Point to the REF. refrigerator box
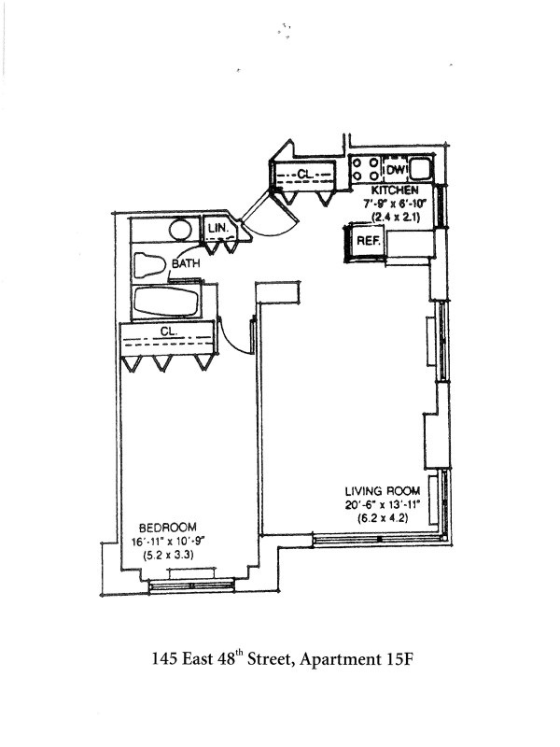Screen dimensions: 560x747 (x=367, y=240)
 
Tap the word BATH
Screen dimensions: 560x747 (x=186, y=264)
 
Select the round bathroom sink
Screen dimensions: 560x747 (x=179, y=229)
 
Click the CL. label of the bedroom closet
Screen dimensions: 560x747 (x=168, y=331)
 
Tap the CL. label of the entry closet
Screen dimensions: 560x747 (x=304, y=174)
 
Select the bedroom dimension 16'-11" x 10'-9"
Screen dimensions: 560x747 (x=167, y=542)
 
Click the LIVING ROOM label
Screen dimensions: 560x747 (x=382, y=491)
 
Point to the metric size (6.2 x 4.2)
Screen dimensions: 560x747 (x=382, y=518)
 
